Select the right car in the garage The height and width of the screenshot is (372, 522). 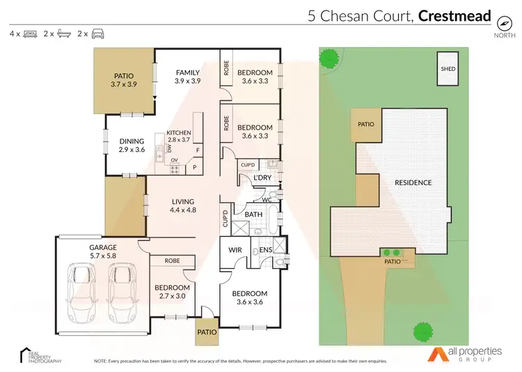(x=122, y=293)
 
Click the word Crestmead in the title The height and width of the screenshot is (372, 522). (x=455, y=15)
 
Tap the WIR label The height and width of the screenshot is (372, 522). (x=232, y=250)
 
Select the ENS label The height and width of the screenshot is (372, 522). (x=265, y=250)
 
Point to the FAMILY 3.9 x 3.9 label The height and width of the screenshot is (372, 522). (x=187, y=77)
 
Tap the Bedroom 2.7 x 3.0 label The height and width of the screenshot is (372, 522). (x=171, y=292)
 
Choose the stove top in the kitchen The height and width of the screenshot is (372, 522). (x=175, y=168)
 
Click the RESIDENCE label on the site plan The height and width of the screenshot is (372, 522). (x=413, y=183)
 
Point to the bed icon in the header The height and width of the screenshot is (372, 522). (x=31, y=33)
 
